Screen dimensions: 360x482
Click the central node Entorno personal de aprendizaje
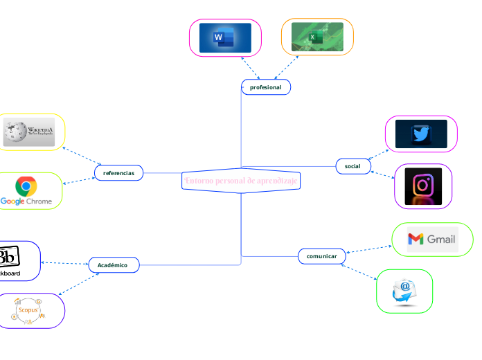[241, 181]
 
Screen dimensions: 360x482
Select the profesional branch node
[265, 87]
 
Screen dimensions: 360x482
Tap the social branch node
[352, 166]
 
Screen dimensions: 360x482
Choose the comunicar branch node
[321, 256]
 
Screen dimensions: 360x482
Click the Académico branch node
[114, 264]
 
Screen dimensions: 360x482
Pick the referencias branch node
[118, 172]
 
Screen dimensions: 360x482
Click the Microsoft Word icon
[225, 37]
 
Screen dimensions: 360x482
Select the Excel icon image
[317, 37]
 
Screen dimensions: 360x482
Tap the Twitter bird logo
[421, 134]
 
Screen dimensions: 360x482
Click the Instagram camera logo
[422, 186]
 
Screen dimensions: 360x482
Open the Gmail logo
[431, 240]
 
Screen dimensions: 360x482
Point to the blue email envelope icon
[404, 291]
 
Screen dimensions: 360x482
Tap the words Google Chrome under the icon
[26, 201]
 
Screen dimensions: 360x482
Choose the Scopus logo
[28, 310]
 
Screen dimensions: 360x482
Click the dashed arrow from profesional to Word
[250, 68]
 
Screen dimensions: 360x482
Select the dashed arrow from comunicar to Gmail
[368, 247]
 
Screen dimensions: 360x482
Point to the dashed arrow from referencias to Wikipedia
[82, 156]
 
